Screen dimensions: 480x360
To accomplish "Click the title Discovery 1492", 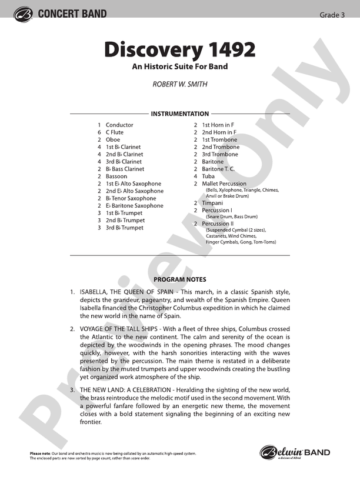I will [x=179, y=50].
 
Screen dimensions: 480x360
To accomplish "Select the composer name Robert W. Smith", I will [x=179, y=84].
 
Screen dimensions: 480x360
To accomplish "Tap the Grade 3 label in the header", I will [x=332, y=15].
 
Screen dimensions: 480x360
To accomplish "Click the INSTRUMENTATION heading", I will [x=180, y=114].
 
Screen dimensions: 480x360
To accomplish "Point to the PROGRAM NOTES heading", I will [x=180, y=279].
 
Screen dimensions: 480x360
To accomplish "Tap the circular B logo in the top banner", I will [x=24, y=14].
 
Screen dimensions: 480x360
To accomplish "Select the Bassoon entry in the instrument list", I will [x=116, y=176].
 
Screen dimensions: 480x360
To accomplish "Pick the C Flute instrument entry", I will [x=115, y=132].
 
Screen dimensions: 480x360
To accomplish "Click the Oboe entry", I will [x=113, y=140].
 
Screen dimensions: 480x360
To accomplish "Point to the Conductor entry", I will [x=119, y=125].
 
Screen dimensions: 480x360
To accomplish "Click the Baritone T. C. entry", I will [x=218, y=169].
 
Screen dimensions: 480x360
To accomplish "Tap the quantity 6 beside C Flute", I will [x=99, y=132].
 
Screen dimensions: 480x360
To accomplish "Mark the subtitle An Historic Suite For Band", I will [x=180, y=67].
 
